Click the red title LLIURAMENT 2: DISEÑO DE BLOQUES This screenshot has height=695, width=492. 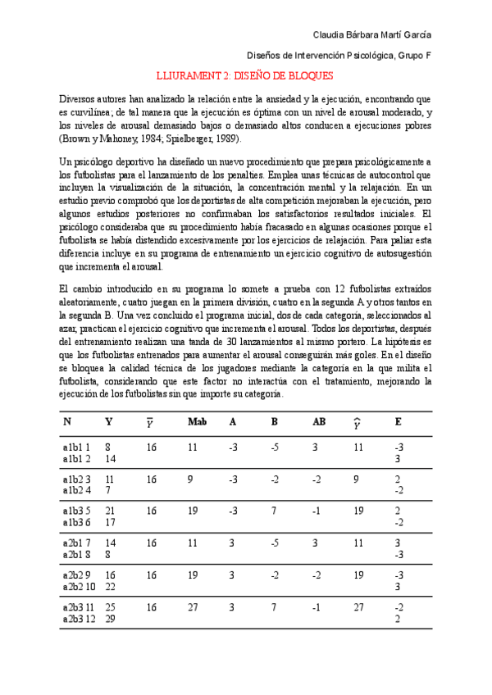244,75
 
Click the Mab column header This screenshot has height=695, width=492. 197,421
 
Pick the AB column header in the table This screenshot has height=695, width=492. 319,421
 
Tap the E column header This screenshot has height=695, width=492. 398,421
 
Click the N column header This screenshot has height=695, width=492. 67,421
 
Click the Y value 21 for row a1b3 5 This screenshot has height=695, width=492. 110,510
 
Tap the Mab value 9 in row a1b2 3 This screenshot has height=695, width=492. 190,479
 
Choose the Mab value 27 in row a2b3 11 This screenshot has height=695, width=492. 193,607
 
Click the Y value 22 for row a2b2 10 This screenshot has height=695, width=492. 110,586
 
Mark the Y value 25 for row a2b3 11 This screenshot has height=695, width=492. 110,607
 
